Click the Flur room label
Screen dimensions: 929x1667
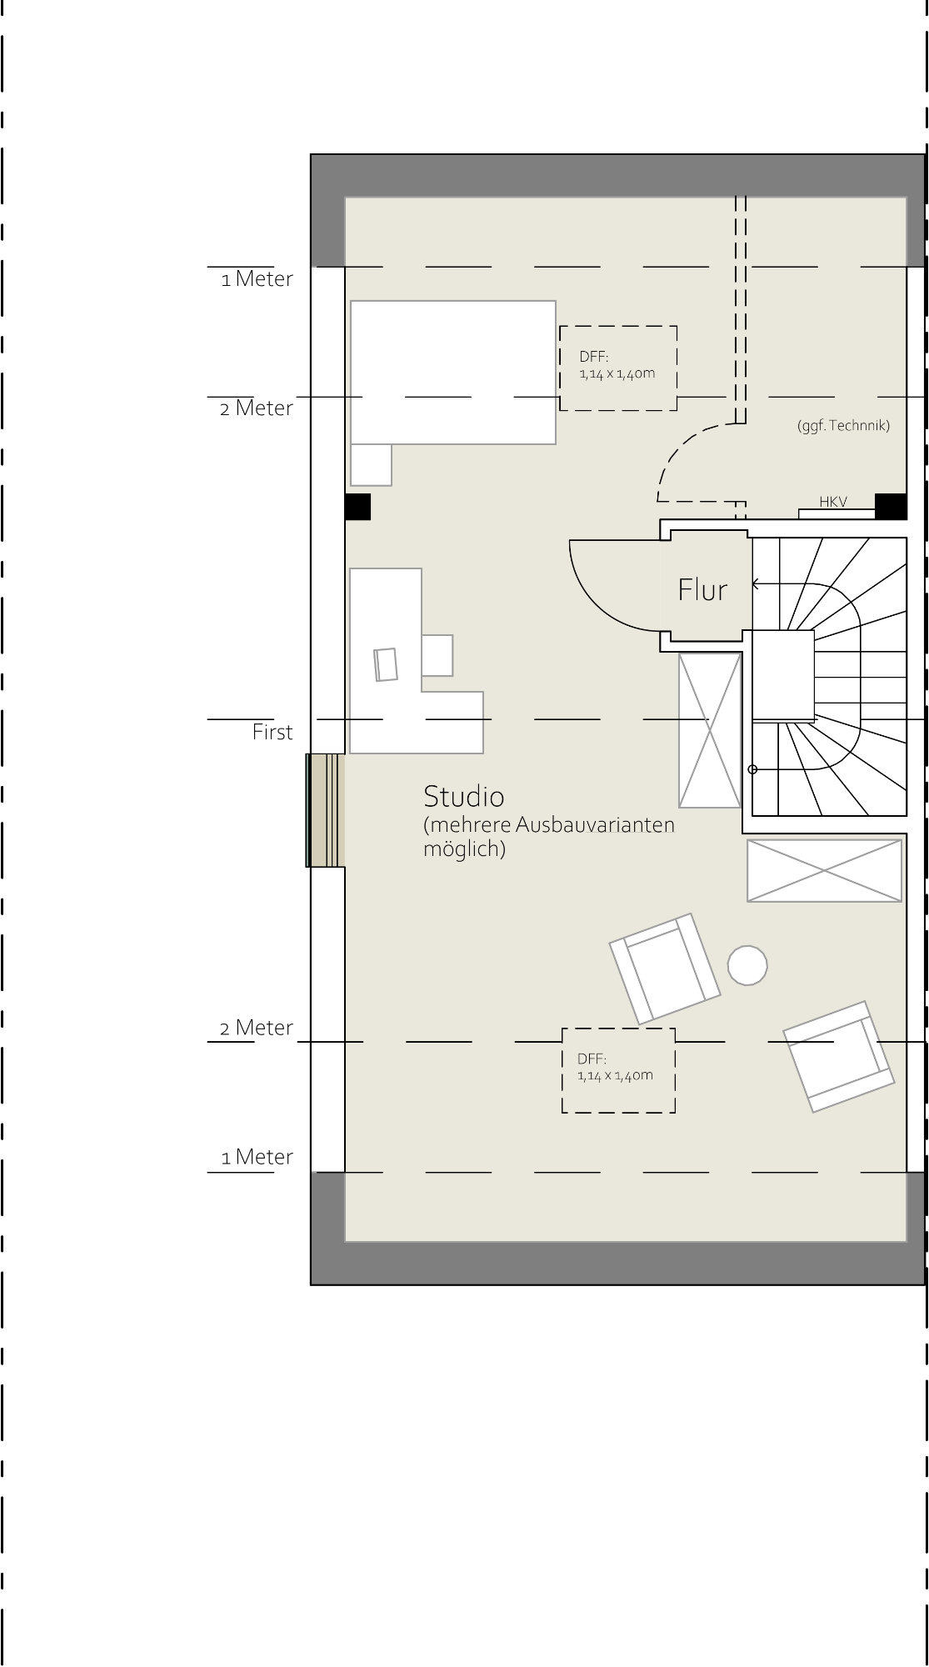pyautogui.click(x=702, y=590)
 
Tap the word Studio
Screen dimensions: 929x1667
pyautogui.click(x=464, y=797)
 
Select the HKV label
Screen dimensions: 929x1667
pyautogui.click(x=833, y=502)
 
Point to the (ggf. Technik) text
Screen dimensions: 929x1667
pyautogui.click(x=843, y=426)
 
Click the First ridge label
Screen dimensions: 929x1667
pyautogui.click(x=272, y=733)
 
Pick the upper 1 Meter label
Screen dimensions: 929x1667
pyautogui.click(x=257, y=279)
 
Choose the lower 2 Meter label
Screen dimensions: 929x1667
pyautogui.click(x=257, y=1028)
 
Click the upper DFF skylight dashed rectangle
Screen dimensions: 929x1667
pyautogui.click(x=618, y=327)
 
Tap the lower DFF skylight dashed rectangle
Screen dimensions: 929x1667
pyautogui.click(x=618, y=1029)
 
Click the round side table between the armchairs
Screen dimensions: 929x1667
pyautogui.click(x=747, y=966)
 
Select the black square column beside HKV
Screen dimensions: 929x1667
pyautogui.click(x=891, y=507)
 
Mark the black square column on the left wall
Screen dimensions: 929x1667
pyautogui.click(x=357, y=507)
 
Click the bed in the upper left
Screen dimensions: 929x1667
pyautogui.click(x=453, y=373)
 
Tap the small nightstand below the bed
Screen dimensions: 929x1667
pyautogui.click(x=371, y=465)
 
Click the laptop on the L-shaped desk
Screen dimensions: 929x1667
pyautogui.click(x=386, y=664)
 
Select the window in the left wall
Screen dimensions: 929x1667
pyautogui.click(x=325, y=810)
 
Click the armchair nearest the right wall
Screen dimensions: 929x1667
pyautogui.click(x=839, y=1057)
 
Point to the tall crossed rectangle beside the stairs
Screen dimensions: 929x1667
pyautogui.click(x=710, y=730)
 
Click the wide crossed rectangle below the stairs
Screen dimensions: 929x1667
pyautogui.click(x=824, y=871)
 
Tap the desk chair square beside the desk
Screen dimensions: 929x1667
pyautogui.click(x=437, y=655)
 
